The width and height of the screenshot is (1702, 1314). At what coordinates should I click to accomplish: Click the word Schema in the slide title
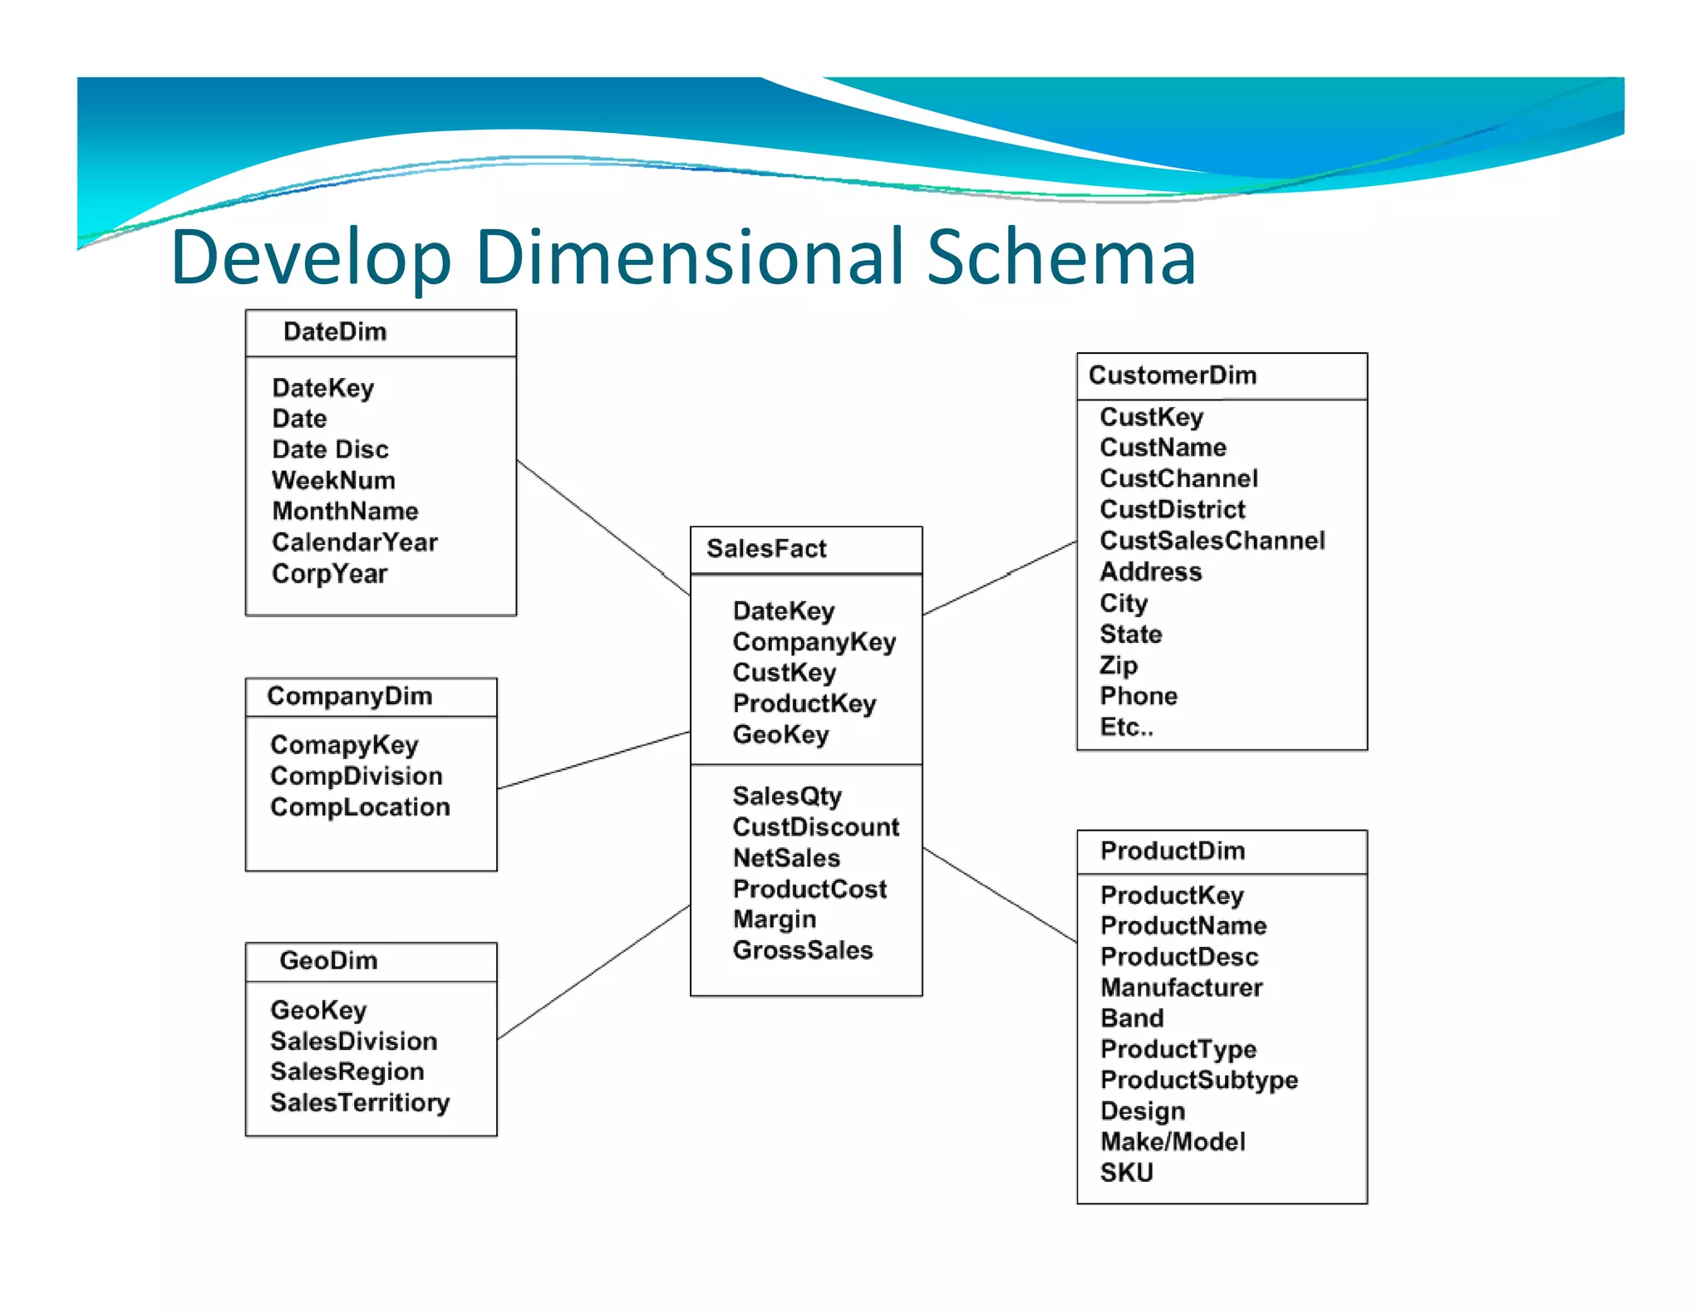point(1060,257)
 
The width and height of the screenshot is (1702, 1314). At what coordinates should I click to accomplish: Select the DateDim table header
point(335,332)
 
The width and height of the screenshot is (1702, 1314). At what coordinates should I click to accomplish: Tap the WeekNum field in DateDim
point(333,481)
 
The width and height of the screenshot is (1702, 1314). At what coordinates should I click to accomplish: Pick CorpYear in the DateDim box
point(329,574)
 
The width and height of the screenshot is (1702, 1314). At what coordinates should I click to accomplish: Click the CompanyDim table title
point(349,696)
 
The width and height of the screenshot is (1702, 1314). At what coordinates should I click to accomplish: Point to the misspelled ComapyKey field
point(344,745)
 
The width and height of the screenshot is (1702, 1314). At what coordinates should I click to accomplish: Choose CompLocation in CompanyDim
point(360,807)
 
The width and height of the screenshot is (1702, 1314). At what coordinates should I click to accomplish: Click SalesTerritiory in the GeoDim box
point(360,1103)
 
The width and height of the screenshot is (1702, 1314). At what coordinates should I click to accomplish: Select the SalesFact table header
point(766,549)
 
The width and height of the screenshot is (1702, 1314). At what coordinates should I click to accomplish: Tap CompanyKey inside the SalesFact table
point(814,642)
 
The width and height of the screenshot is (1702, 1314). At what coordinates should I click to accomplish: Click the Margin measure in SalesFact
point(774,919)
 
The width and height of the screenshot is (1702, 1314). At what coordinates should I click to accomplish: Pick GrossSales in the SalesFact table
point(803,950)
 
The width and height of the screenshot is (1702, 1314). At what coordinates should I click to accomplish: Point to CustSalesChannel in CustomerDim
point(1212,541)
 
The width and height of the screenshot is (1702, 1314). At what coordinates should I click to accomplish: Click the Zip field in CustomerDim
point(1119,665)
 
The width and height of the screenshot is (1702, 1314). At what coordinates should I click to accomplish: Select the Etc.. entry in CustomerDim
point(1126,728)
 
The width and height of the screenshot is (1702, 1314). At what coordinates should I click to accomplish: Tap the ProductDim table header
point(1172,851)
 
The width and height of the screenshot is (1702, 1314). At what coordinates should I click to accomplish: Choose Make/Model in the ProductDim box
point(1172,1142)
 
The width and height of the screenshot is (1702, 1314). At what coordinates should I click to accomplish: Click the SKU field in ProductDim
point(1126,1173)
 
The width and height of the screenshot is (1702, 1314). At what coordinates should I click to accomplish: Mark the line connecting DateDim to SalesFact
point(603,527)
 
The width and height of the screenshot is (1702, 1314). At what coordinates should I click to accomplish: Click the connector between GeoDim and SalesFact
point(593,973)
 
